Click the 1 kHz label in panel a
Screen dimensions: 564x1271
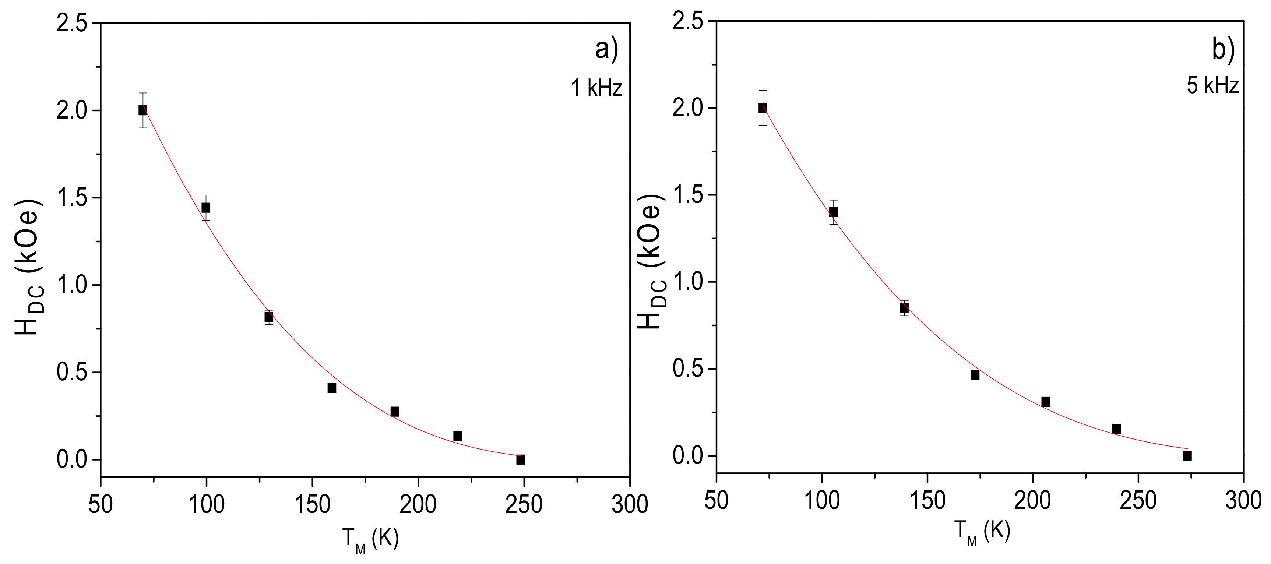point(596,88)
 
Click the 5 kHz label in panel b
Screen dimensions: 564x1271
point(1212,85)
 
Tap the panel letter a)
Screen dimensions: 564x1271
point(606,49)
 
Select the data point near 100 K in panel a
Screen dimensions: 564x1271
point(206,208)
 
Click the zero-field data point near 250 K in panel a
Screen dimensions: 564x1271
point(521,459)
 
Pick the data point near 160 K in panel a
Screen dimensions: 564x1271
point(332,388)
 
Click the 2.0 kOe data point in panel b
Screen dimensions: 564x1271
point(763,107)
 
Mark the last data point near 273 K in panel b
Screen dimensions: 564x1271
point(1187,455)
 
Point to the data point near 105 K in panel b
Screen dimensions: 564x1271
point(833,212)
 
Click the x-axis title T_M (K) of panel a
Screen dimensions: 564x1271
point(370,539)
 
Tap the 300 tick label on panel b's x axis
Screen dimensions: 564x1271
point(1243,501)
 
